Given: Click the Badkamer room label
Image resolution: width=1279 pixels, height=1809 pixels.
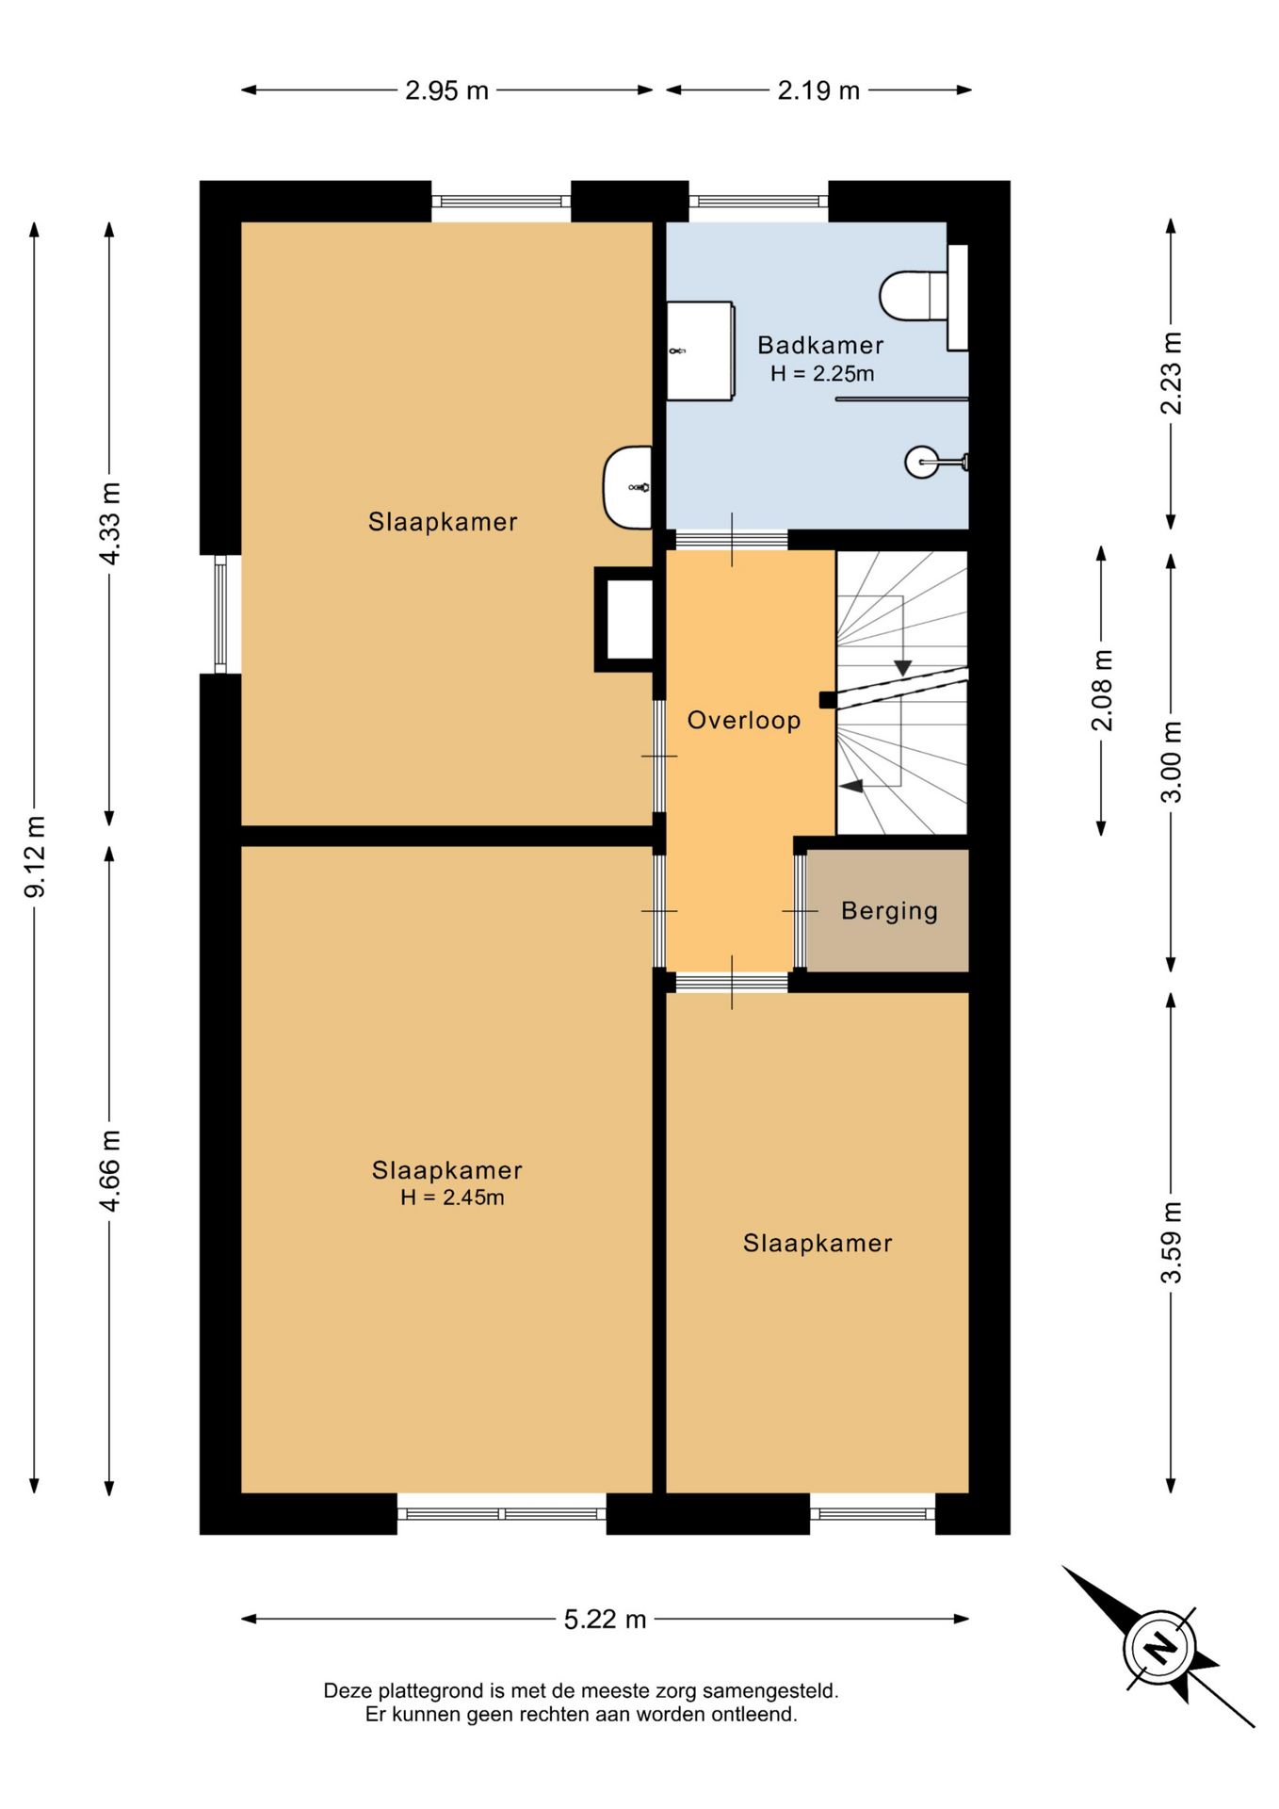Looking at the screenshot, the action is click(820, 345).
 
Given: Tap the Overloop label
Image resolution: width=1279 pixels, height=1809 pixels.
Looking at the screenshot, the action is click(744, 720).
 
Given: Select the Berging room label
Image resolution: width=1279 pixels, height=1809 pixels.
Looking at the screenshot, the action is click(889, 911).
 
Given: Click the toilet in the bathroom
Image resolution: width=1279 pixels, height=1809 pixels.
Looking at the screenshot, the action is click(914, 296).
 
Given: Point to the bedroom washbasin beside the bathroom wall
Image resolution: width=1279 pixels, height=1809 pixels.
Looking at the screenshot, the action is click(628, 487).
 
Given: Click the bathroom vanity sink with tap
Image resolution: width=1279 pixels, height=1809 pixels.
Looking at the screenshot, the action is click(700, 351).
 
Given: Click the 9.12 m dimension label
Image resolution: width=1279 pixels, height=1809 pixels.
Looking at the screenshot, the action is click(35, 856).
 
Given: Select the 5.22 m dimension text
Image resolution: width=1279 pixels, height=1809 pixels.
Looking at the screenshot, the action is click(606, 1619).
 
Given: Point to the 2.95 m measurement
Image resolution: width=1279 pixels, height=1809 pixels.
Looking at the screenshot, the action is click(446, 90).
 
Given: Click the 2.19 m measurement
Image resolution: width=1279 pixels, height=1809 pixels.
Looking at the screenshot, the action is click(818, 90).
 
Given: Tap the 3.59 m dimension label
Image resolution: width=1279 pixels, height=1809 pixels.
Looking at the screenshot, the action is click(1171, 1243).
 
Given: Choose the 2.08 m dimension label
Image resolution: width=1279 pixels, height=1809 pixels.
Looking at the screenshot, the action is click(1102, 691).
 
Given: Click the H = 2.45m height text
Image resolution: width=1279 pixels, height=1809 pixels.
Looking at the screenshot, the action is click(452, 1198).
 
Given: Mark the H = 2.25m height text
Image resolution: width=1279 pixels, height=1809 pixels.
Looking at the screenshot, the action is click(822, 373).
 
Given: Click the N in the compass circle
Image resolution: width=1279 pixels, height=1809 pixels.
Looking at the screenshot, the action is click(1159, 1648).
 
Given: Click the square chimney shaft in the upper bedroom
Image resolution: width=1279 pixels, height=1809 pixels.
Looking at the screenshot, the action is click(624, 619).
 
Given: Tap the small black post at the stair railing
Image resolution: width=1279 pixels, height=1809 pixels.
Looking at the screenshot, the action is click(827, 700).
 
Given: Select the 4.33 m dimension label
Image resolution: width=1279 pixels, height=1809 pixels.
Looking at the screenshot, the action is click(109, 523).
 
